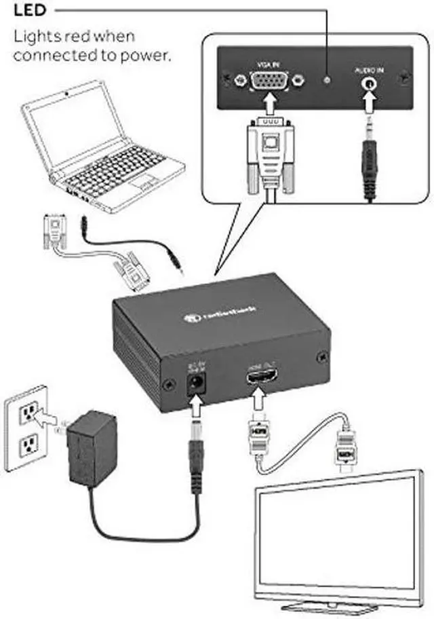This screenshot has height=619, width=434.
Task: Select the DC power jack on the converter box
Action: pos(197,384)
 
